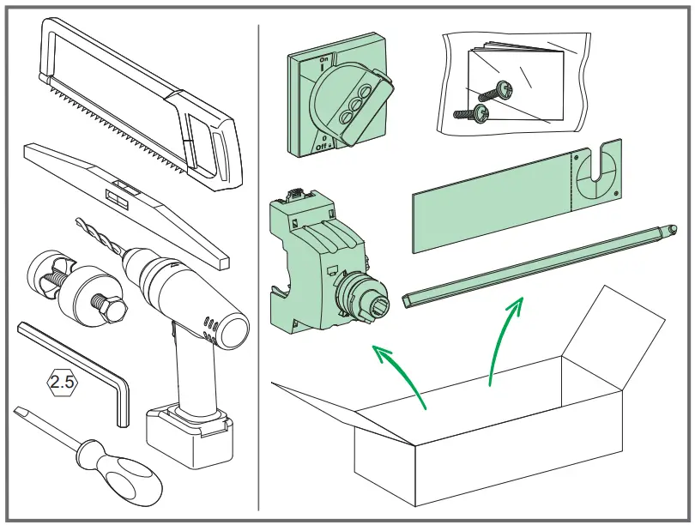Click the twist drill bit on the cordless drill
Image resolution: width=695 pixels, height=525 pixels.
click(x=98, y=235)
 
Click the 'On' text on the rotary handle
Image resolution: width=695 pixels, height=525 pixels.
click(x=323, y=59)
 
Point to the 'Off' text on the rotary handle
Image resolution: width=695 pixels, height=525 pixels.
click(x=322, y=146)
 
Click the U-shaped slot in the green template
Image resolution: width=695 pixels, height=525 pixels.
click(x=601, y=168)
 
